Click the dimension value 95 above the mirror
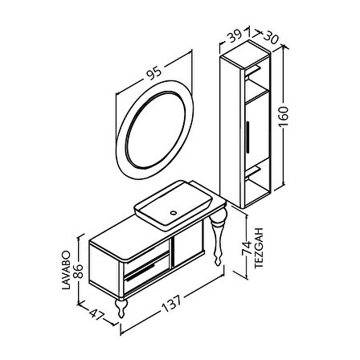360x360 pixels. click(x=155, y=74)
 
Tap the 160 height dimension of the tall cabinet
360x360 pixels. click(x=283, y=117)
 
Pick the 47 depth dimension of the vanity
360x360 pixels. click(x=96, y=315)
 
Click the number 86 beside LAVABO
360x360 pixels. click(x=78, y=271)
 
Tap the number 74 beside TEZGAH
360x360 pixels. click(x=247, y=248)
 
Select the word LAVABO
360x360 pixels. click(x=66, y=270)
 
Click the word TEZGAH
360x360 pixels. click(x=259, y=247)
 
